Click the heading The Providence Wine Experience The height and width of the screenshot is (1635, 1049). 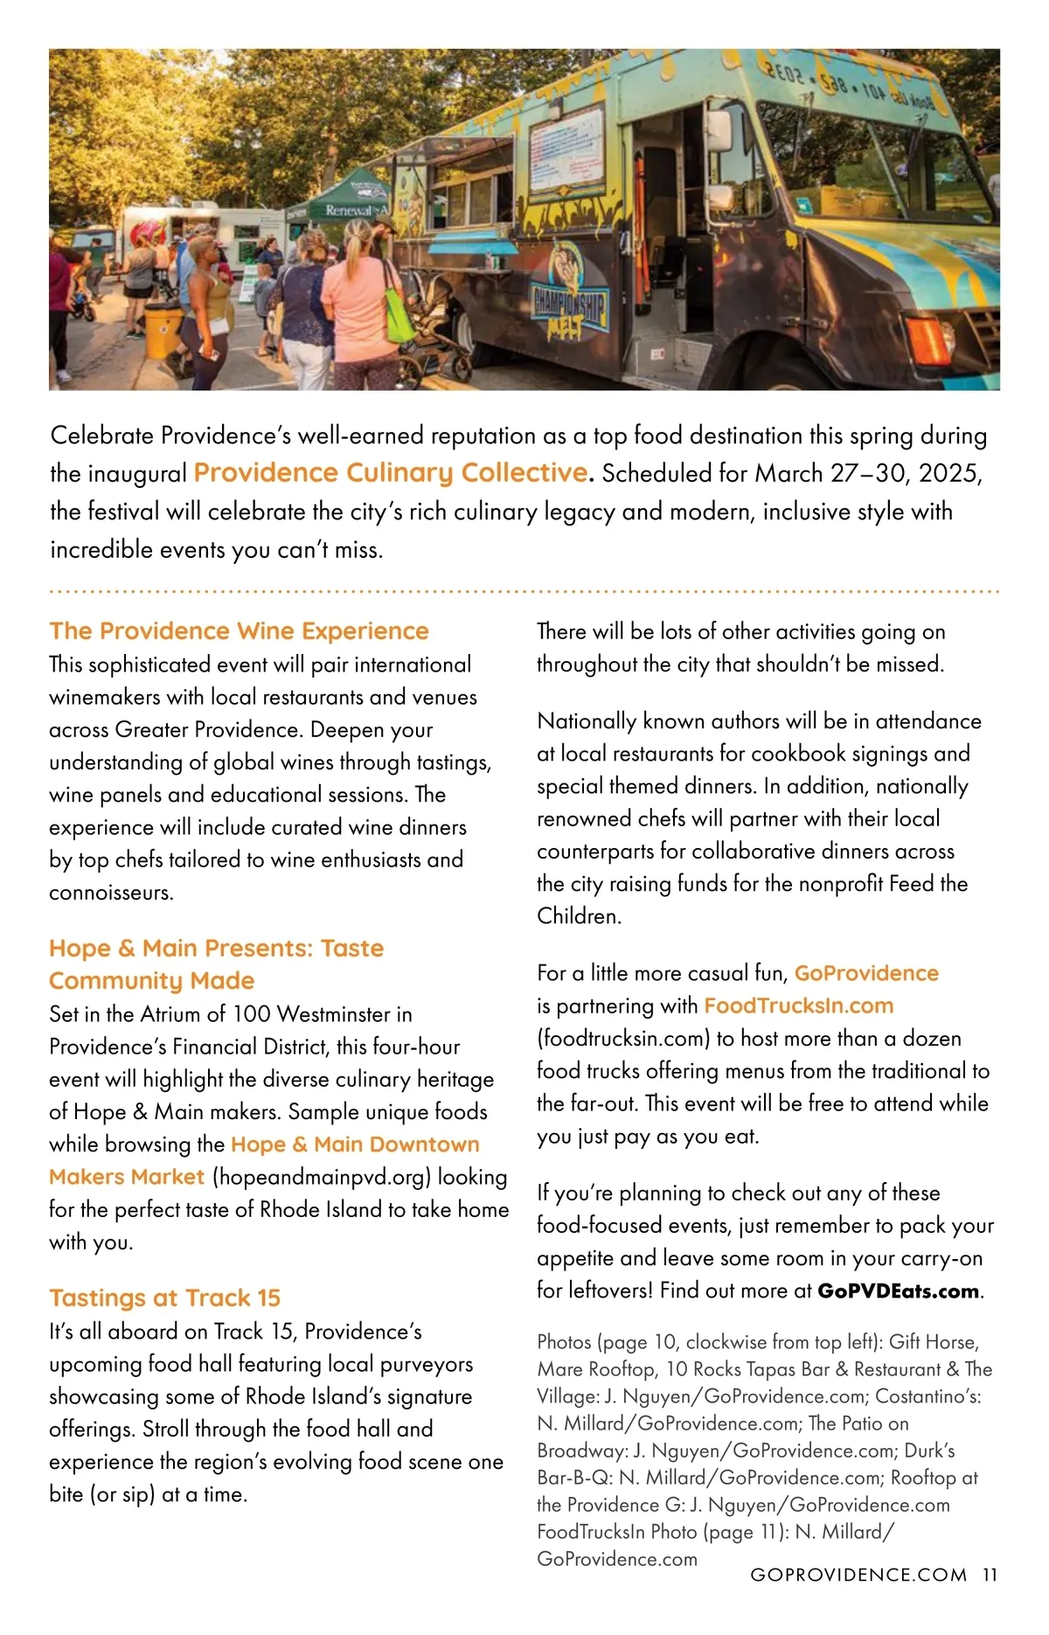click(x=239, y=631)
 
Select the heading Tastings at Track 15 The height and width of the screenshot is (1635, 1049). click(x=164, y=1298)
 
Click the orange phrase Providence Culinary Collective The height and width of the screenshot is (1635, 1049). click(x=391, y=473)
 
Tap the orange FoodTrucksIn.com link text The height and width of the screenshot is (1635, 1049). click(x=798, y=1006)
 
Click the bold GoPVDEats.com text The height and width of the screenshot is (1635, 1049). click(x=898, y=1291)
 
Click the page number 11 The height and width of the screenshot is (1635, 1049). click(x=989, y=1575)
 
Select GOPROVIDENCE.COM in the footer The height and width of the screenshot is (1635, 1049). click(x=858, y=1575)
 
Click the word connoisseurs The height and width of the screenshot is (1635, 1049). click(x=112, y=893)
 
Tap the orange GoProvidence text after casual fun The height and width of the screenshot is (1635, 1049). click(x=866, y=973)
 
